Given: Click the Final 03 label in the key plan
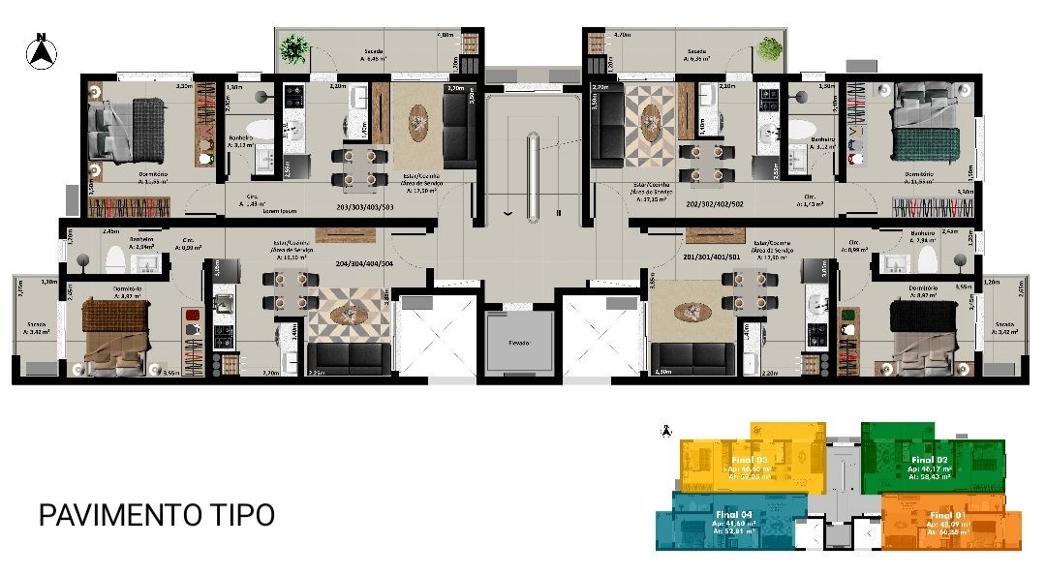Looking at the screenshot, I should pyautogui.click(x=750, y=460).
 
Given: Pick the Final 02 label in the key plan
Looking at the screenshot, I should pyautogui.click(x=929, y=460).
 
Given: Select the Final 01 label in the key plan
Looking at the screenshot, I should pyautogui.click(x=948, y=515).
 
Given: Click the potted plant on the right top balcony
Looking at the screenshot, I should pyautogui.click(x=769, y=45).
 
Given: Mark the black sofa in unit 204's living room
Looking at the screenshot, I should pyautogui.click(x=351, y=359).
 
